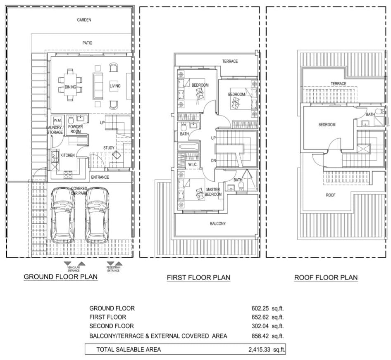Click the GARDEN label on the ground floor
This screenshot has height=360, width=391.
[84, 20]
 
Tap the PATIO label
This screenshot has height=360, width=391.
[87, 43]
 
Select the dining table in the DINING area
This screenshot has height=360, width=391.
[70, 87]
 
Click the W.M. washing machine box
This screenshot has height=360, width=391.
[57, 120]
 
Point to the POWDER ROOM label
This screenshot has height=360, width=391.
[76, 129]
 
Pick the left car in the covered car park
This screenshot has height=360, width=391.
[62, 215]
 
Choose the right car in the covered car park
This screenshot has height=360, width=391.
[97, 215]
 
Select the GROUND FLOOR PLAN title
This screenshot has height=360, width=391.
[60, 277]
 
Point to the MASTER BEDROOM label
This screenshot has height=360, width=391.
[213, 192]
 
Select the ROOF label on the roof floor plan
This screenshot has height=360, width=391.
[330, 195]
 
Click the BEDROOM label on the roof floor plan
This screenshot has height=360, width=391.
[327, 125]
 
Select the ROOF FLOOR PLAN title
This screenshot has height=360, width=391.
[326, 278]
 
